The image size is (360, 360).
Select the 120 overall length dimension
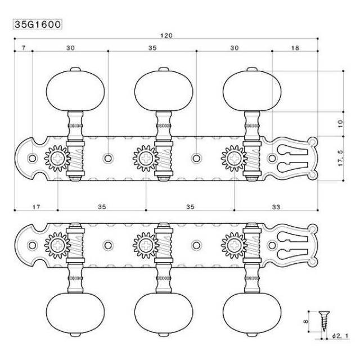pos(166,35)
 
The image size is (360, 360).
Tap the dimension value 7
pos(23,48)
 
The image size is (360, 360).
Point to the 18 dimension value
pos(295,48)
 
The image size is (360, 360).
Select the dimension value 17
pos(36,207)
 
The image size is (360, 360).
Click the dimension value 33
pos(276,207)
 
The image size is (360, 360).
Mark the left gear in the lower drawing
pos(56,245)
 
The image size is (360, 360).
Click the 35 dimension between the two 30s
pos(152,48)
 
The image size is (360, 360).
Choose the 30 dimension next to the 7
pos(70,48)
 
